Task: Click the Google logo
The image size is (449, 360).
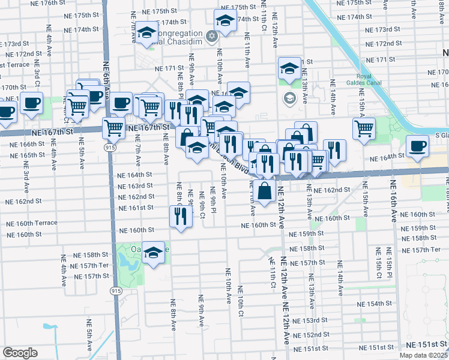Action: coord(20,353)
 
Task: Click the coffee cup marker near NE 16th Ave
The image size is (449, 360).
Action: coord(418,145)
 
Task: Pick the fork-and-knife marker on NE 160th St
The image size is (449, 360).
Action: coord(181,217)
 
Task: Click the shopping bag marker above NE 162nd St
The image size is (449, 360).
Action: coord(265,192)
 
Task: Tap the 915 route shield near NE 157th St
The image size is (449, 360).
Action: coord(115,290)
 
